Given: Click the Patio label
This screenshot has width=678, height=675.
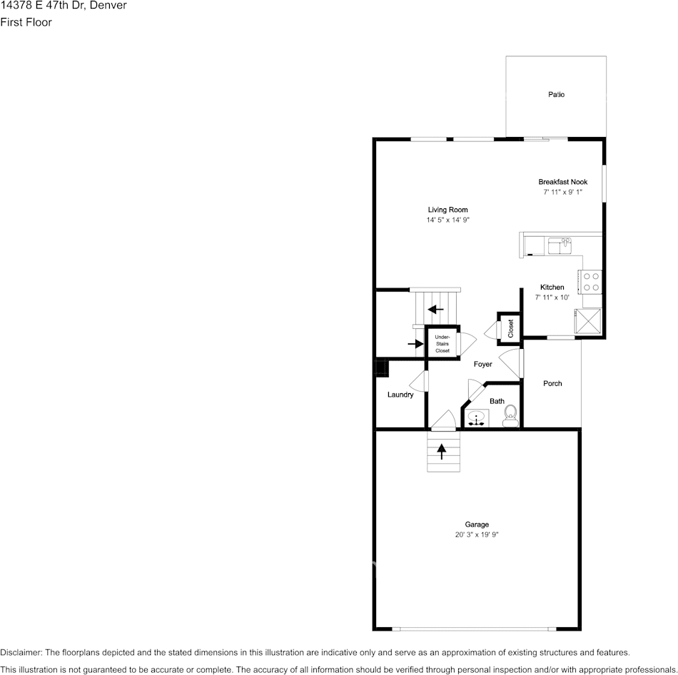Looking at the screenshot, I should (x=556, y=94).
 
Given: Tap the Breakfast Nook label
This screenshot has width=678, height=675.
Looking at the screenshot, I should (x=562, y=182).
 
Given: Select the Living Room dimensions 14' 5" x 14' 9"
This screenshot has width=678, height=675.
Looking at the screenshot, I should (x=447, y=220).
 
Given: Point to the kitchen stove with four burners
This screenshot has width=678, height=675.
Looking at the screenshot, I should (x=591, y=281).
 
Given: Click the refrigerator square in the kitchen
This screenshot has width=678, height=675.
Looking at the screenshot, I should (x=590, y=322).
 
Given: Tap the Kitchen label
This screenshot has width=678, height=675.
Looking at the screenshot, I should (x=552, y=287).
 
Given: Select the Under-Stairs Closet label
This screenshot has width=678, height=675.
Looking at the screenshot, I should (x=442, y=344).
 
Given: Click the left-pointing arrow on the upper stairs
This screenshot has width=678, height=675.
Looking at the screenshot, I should (x=435, y=309).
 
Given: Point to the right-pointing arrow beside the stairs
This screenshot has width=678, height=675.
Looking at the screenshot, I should (x=415, y=344).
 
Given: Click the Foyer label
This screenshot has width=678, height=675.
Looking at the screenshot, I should (x=482, y=364).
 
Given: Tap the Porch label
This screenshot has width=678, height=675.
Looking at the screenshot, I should (x=552, y=383).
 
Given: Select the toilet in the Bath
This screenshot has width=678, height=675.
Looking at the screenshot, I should (x=510, y=415).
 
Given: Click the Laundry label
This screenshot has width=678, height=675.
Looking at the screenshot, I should (x=400, y=395).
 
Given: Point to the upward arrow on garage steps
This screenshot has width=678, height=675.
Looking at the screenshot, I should (x=442, y=452).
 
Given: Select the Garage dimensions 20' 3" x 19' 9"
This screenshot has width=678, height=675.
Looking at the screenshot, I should (x=477, y=534).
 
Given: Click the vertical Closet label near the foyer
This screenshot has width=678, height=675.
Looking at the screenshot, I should (x=511, y=328).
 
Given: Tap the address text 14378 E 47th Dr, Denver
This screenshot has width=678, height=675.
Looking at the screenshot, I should (x=64, y=6).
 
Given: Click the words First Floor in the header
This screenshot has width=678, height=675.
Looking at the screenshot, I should (x=26, y=22).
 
